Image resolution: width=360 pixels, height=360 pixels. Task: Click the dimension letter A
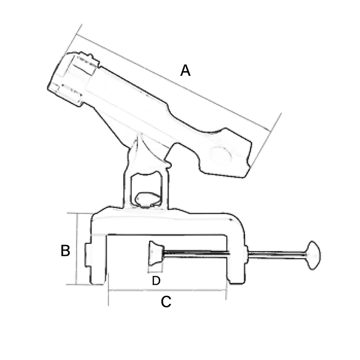point(185,71)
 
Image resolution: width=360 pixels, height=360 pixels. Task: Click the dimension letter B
point(66,251)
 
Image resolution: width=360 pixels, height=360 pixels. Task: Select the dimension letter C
point(166,302)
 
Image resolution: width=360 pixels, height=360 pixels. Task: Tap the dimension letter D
point(156,281)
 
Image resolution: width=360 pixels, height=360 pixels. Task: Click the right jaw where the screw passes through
point(238,254)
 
